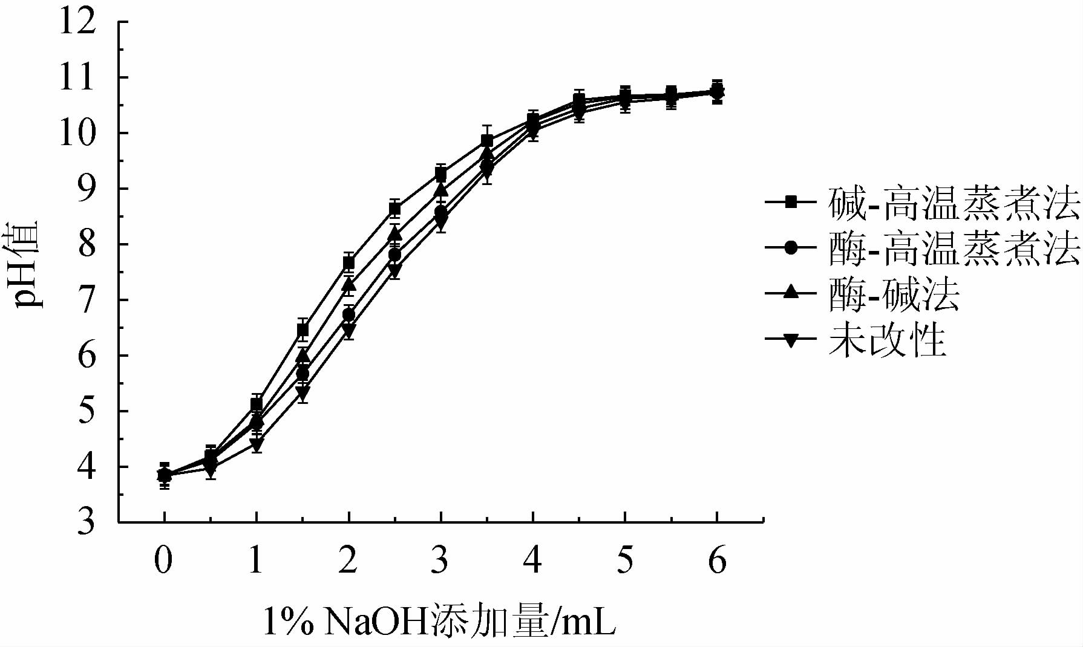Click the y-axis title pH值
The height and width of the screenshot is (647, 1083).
[27, 264]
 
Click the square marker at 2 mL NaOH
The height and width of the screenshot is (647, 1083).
[348, 262]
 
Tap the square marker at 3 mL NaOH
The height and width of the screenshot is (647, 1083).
[441, 175]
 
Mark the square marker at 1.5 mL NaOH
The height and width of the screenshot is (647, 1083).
[303, 330]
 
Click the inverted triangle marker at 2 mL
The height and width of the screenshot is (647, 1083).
[348, 330]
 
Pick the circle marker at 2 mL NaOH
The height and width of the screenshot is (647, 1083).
[348, 314]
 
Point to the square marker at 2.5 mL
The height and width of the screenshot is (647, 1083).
[394, 209]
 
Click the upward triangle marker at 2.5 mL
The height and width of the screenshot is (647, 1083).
[394, 233]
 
